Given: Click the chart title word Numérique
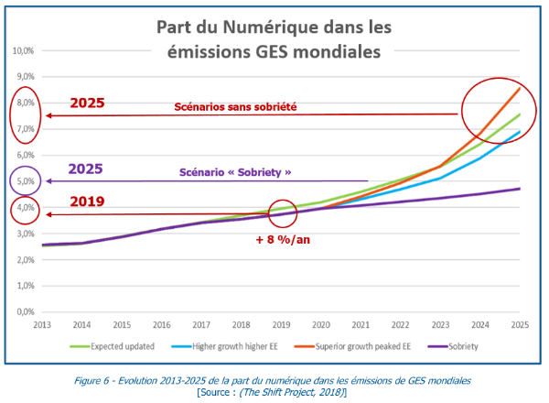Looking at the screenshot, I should pyautogui.click(x=264, y=27).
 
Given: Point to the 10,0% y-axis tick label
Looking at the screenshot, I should pyautogui.click(x=25, y=49).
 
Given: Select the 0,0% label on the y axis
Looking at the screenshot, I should pyautogui.click(x=27, y=312).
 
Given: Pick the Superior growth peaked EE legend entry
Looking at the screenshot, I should pyautogui.click(x=359, y=346).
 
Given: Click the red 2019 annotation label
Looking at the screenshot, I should pyautogui.click(x=88, y=201).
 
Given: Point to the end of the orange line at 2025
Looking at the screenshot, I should pyautogui.click(x=520, y=88).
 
